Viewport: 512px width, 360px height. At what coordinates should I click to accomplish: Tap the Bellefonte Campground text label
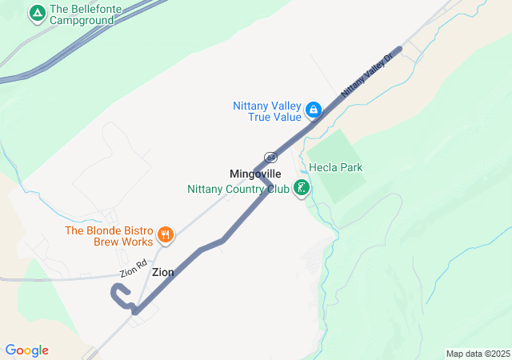87,14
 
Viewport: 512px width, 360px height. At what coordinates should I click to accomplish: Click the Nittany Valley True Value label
268,111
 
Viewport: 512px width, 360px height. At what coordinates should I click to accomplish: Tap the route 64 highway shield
271,157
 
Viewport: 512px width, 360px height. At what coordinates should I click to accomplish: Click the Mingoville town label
255,174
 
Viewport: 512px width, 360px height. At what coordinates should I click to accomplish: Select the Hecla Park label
336,168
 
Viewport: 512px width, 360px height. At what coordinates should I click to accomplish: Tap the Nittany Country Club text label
238,190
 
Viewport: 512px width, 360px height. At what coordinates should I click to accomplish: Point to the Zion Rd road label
134,269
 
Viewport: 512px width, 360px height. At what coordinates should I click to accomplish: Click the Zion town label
162,273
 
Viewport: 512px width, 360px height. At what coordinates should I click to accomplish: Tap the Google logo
26,350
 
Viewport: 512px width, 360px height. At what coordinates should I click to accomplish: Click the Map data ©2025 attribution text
478,354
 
